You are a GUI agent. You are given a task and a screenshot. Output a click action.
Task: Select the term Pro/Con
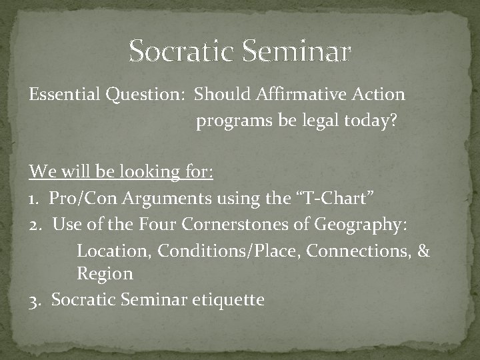81,198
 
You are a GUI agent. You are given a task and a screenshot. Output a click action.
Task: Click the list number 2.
34,224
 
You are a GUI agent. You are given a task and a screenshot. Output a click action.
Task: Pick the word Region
105,273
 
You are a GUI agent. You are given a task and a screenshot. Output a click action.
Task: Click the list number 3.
33,300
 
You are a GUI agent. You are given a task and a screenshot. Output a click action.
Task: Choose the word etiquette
228,300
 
